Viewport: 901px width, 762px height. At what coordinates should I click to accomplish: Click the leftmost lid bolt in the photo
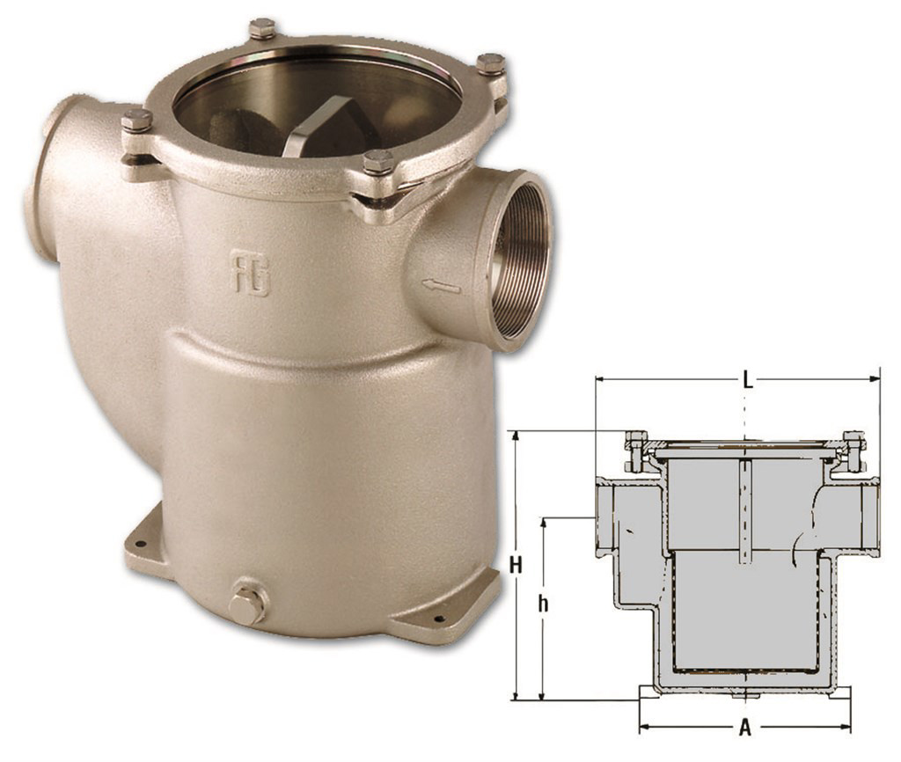click(x=136, y=121)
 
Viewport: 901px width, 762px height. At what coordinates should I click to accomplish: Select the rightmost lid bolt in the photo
click(x=490, y=64)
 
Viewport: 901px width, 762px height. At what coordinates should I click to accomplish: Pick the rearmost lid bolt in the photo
click(x=261, y=28)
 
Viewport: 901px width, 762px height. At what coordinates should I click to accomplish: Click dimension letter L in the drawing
click(x=746, y=380)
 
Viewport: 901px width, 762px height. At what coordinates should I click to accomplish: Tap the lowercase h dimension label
click(x=545, y=605)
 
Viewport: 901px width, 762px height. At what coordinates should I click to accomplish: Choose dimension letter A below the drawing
click(x=744, y=729)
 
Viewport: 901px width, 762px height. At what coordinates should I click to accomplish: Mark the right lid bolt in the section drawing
click(x=852, y=450)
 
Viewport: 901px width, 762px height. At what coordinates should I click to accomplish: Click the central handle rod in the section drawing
click(x=745, y=510)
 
